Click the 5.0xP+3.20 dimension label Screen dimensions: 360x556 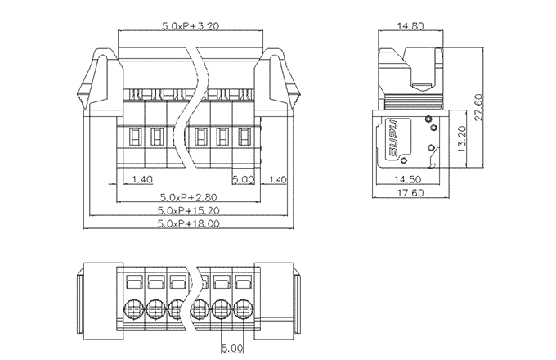(x=190, y=26)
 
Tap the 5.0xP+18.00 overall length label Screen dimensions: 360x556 (x=188, y=223)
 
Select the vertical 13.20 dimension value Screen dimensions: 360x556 (x=462, y=140)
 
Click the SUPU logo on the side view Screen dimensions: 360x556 (x=392, y=138)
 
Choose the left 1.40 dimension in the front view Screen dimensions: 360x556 (x=142, y=179)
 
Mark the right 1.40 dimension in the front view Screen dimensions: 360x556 (x=278, y=179)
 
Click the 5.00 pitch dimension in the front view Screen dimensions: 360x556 (x=244, y=179)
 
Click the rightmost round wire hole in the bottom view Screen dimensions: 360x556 (x=243, y=310)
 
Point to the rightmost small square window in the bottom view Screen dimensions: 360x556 (x=243, y=283)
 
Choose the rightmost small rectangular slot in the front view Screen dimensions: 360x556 (x=243, y=136)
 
